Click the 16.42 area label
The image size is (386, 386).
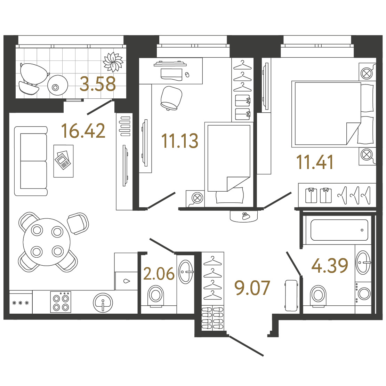(83, 131)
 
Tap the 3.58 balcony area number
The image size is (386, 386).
(98, 84)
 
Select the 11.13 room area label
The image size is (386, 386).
(180, 141)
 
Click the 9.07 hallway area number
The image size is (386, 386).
(252, 288)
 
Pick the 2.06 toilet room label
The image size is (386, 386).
(159, 274)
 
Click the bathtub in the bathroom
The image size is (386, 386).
(339, 230)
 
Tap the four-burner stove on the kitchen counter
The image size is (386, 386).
(61, 302)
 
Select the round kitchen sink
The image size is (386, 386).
(103, 303)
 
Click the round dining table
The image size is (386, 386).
(47, 242)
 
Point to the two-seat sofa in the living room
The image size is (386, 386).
(31, 161)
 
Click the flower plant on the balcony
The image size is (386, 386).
(113, 62)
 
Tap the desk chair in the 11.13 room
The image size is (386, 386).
(171, 98)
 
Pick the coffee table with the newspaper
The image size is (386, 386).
(64, 161)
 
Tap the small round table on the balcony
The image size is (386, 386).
(58, 86)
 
